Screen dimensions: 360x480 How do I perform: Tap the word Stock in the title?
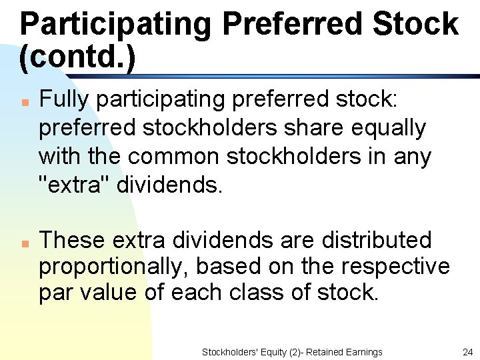click(x=415, y=24)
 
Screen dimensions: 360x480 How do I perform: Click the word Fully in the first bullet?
click(x=64, y=99)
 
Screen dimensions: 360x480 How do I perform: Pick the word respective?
click(x=395, y=267)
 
